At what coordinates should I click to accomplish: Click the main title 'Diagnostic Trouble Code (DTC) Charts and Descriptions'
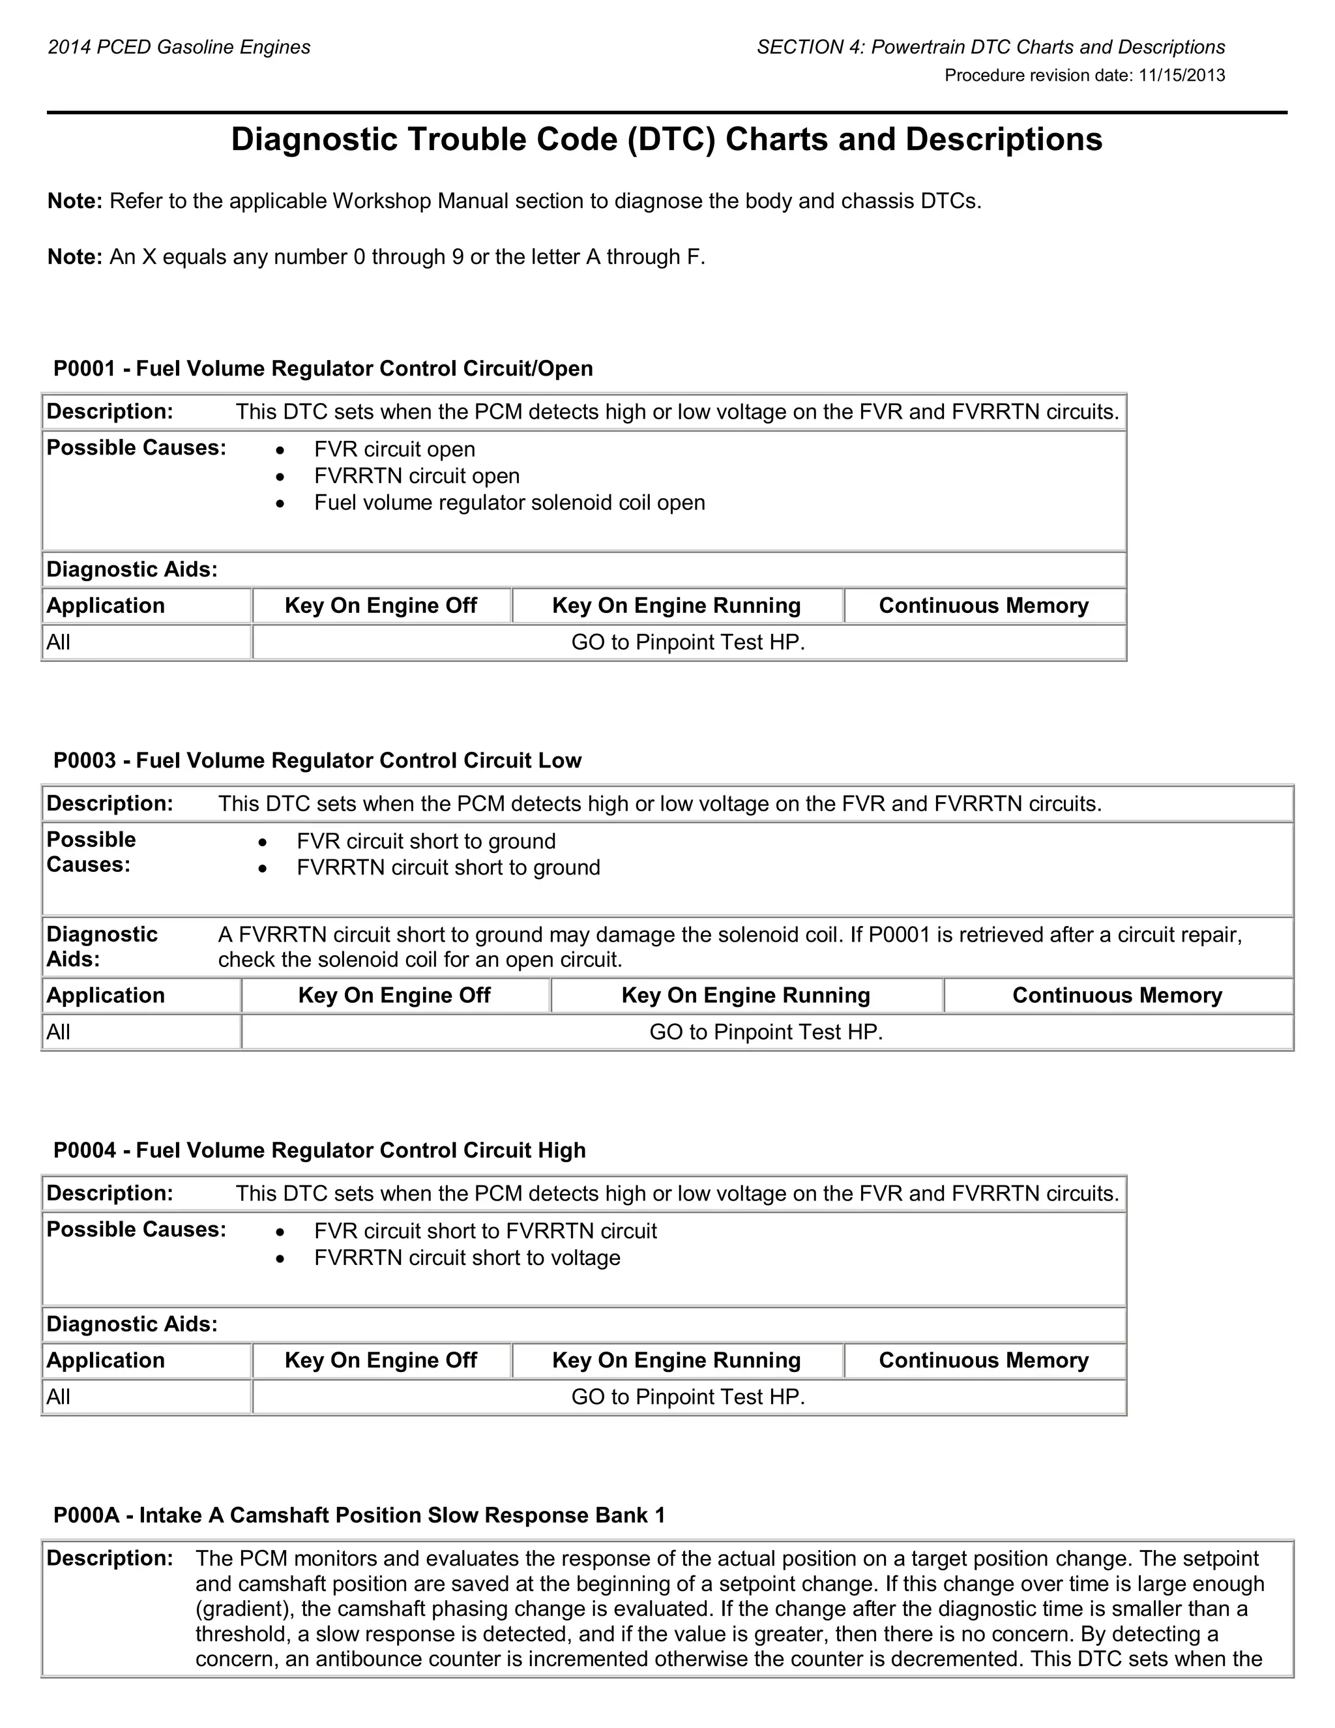[x=666, y=140]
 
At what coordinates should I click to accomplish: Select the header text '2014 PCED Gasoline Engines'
[x=179, y=48]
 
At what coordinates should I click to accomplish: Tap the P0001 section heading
[x=323, y=368]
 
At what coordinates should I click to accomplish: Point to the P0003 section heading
[x=317, y=760]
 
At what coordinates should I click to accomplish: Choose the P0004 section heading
[x=319, y=1150]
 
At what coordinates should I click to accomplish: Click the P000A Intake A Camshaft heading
[x=359, y=1515]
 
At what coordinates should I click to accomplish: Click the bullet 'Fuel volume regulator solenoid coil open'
[x=509, y=503]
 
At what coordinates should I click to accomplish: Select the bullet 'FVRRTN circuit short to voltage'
[x=467, y=1258]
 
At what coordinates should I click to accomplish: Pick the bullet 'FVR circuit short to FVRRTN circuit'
[x=485, y=1231]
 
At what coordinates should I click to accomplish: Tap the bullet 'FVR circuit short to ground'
[x=426, y=841]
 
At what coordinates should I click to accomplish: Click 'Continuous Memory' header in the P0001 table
[x=983, y=606]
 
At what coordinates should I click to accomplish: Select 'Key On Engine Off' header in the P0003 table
[x=394, y=995]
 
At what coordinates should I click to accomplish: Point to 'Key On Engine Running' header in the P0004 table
[x=676, y=1361]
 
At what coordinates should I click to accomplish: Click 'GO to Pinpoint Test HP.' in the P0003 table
[x=765, y=1032]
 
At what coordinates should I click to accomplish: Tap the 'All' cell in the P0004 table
[x=59, y=1397]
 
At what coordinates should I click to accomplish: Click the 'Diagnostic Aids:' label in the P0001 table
[x=132, y=570]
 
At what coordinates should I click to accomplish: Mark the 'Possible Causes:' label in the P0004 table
[x=136, y=1230]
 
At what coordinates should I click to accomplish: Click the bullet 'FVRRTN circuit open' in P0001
[x=416, y=476]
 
